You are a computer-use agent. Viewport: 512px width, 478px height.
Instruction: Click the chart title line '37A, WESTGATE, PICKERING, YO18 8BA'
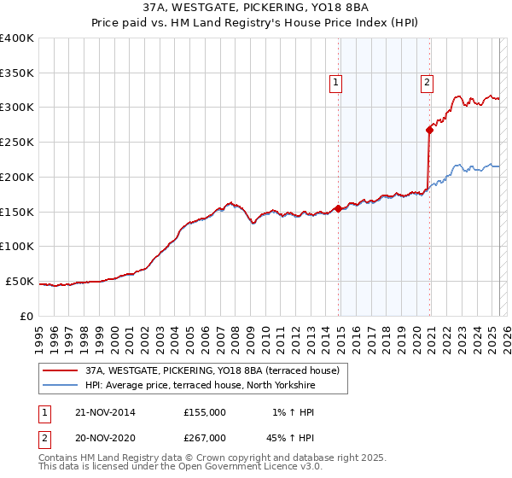tap(256, 8)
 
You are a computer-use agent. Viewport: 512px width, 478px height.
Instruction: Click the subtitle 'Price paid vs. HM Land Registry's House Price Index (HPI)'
tap(256, 23)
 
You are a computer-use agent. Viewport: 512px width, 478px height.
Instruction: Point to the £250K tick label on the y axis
tap(17, 142)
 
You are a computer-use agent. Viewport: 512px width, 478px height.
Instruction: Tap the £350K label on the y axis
tap(17, 73)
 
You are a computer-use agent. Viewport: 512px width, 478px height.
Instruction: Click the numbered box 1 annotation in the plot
tap(336, 83)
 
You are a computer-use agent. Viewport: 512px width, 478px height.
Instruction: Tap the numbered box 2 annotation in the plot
tap(427, 83)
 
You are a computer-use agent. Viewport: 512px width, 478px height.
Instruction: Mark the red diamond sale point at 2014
tap(339, 207)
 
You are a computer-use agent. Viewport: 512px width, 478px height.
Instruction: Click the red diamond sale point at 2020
tap(430, 130)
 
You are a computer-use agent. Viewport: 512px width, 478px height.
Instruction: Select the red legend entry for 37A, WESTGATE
tap(212, 370)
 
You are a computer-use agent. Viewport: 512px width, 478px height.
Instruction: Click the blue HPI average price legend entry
tap(201, 386)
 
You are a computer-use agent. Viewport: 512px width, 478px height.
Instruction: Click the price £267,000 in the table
tap(204, 438)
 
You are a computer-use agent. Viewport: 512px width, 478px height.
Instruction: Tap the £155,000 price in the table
tap(204, 412)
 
